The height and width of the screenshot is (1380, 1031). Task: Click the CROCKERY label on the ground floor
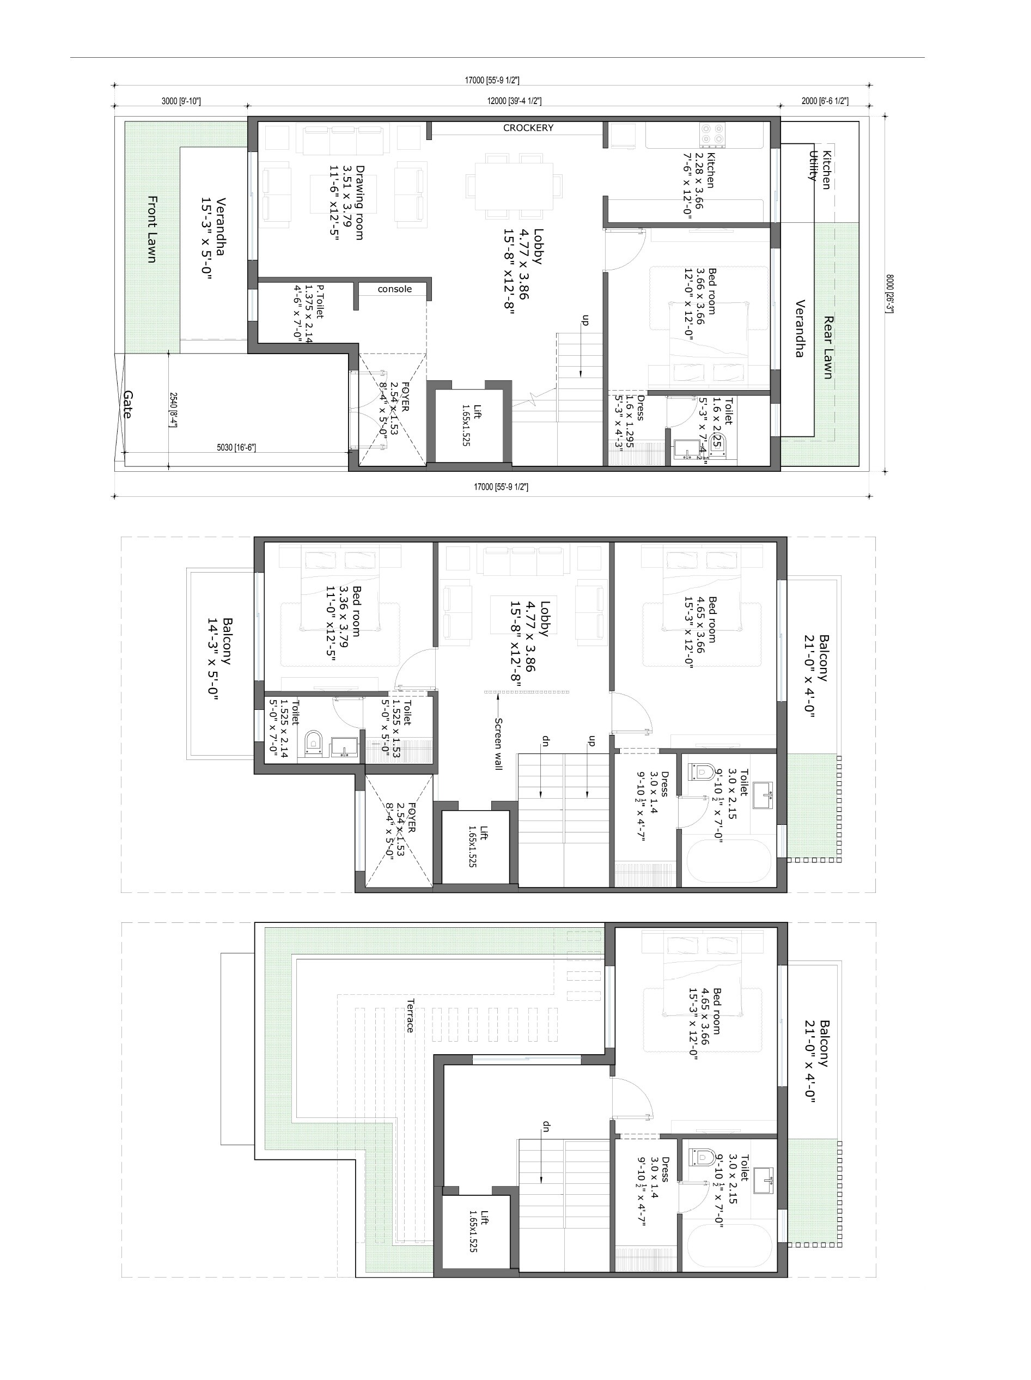[x=528, y=128]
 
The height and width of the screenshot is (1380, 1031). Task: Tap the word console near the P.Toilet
[x=394, y=289]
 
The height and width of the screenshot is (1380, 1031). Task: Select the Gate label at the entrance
[x=127, y=404]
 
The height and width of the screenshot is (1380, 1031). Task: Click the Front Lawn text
[x=151, y=229]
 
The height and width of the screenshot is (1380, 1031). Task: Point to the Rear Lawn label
[x=828, y=347]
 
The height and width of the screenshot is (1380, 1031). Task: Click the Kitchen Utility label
[x=820, y=168]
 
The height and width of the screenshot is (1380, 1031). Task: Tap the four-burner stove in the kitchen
[x=712, y=134]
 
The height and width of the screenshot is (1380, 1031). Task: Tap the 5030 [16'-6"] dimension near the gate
[x=236, y=447]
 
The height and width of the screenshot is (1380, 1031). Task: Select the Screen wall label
[x=498, y=744]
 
